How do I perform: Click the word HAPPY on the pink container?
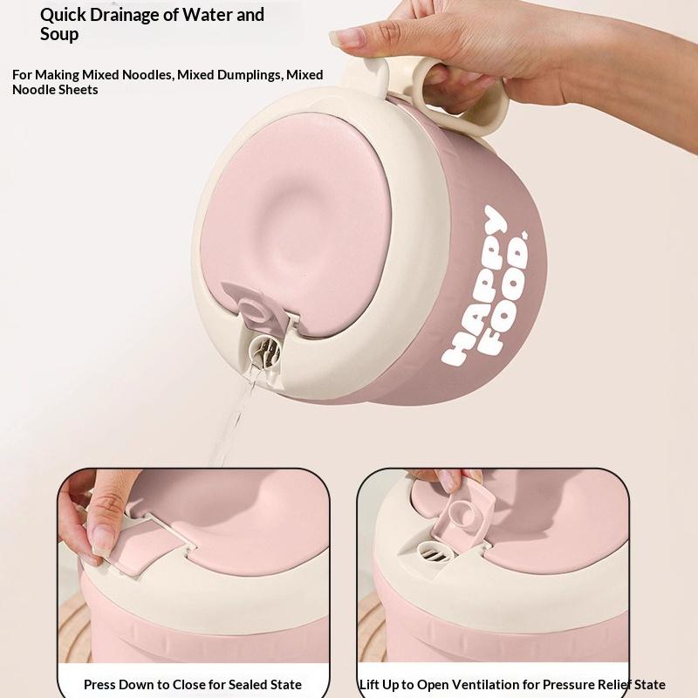pos(475,285)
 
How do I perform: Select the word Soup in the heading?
pos(59,34)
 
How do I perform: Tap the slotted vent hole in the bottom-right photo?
pos(433,553)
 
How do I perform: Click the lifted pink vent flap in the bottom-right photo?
pos(465,515)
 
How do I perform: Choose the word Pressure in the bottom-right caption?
pos(569,684)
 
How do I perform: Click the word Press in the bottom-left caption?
pos(99,684)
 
